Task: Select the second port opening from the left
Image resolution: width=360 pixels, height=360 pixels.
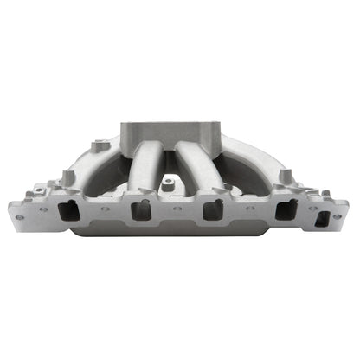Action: tap(139, 211)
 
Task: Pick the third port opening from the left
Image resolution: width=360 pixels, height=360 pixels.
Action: tap(210, 211)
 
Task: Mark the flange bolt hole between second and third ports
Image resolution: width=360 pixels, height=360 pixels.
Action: tap(175, 209)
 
